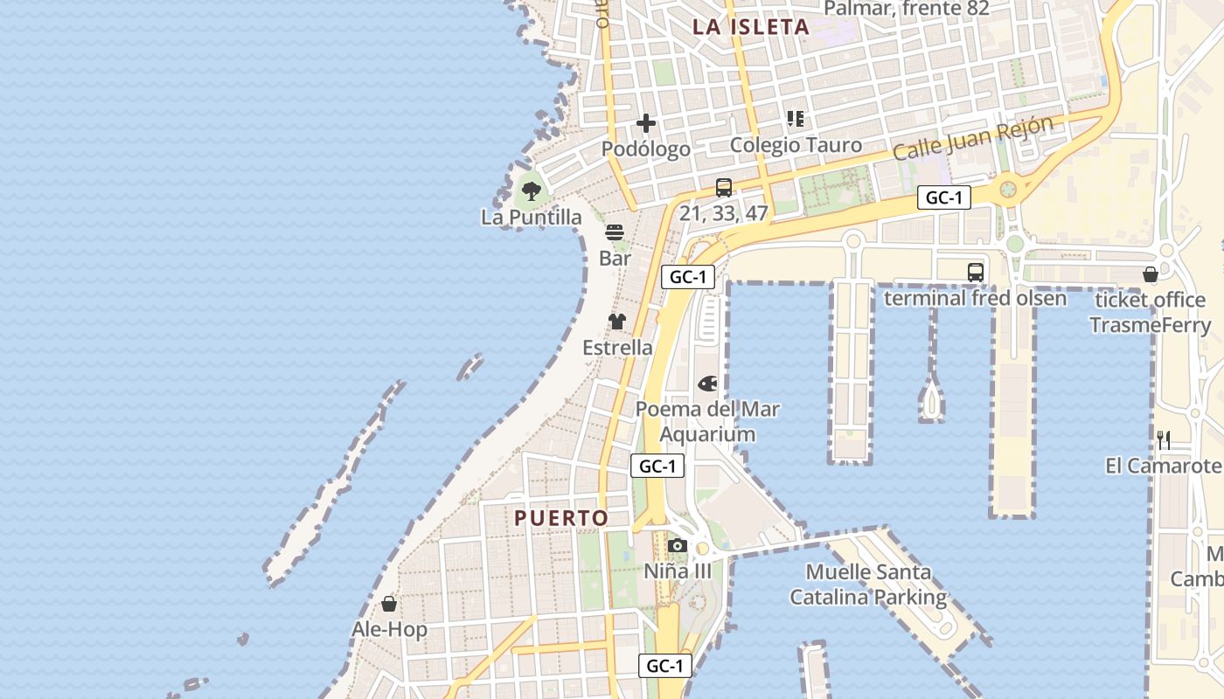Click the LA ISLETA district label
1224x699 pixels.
[751, 26]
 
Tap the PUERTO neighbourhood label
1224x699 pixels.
[561, 518]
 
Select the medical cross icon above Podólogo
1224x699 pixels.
[646, 123]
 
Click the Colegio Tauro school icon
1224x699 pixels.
[796, 119]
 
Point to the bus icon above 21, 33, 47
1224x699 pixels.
[724, 187]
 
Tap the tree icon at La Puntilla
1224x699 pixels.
[531, 190]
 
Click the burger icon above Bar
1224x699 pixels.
[615, 232]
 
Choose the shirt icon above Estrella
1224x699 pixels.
[617, 322]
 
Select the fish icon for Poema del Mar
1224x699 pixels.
[707, 383]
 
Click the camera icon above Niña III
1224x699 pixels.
[678, 546]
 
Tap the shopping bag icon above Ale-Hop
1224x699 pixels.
[389, 604]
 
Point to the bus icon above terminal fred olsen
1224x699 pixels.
[976, 272]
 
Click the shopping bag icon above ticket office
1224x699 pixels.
[1151, 274]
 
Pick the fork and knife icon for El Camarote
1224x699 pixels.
[1164, 439]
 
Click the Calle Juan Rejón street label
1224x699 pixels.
[972, 138]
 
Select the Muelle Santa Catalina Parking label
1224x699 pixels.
[868, 585]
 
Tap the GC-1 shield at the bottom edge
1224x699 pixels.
[664, 666]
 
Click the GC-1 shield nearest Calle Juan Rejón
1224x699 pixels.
[944, 197]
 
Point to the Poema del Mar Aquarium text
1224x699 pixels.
[707, 421]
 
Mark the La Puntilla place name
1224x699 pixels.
[531, 217]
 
